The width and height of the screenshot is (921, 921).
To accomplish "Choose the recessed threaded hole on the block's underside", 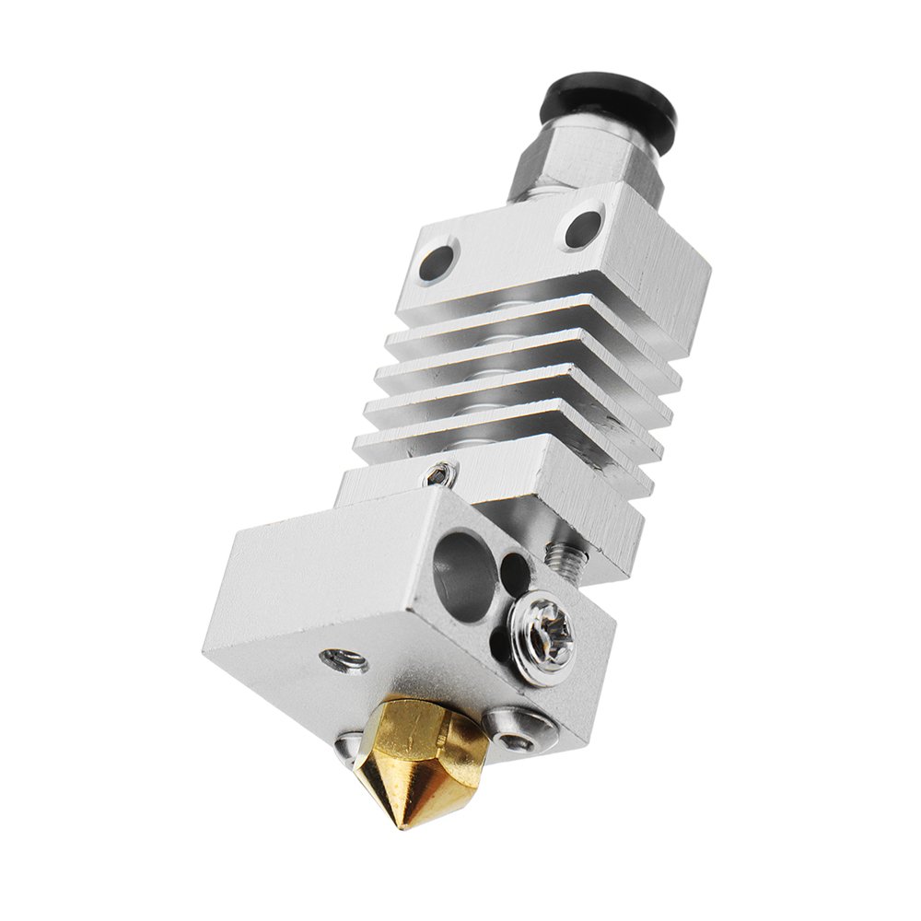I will pos(344,660).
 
